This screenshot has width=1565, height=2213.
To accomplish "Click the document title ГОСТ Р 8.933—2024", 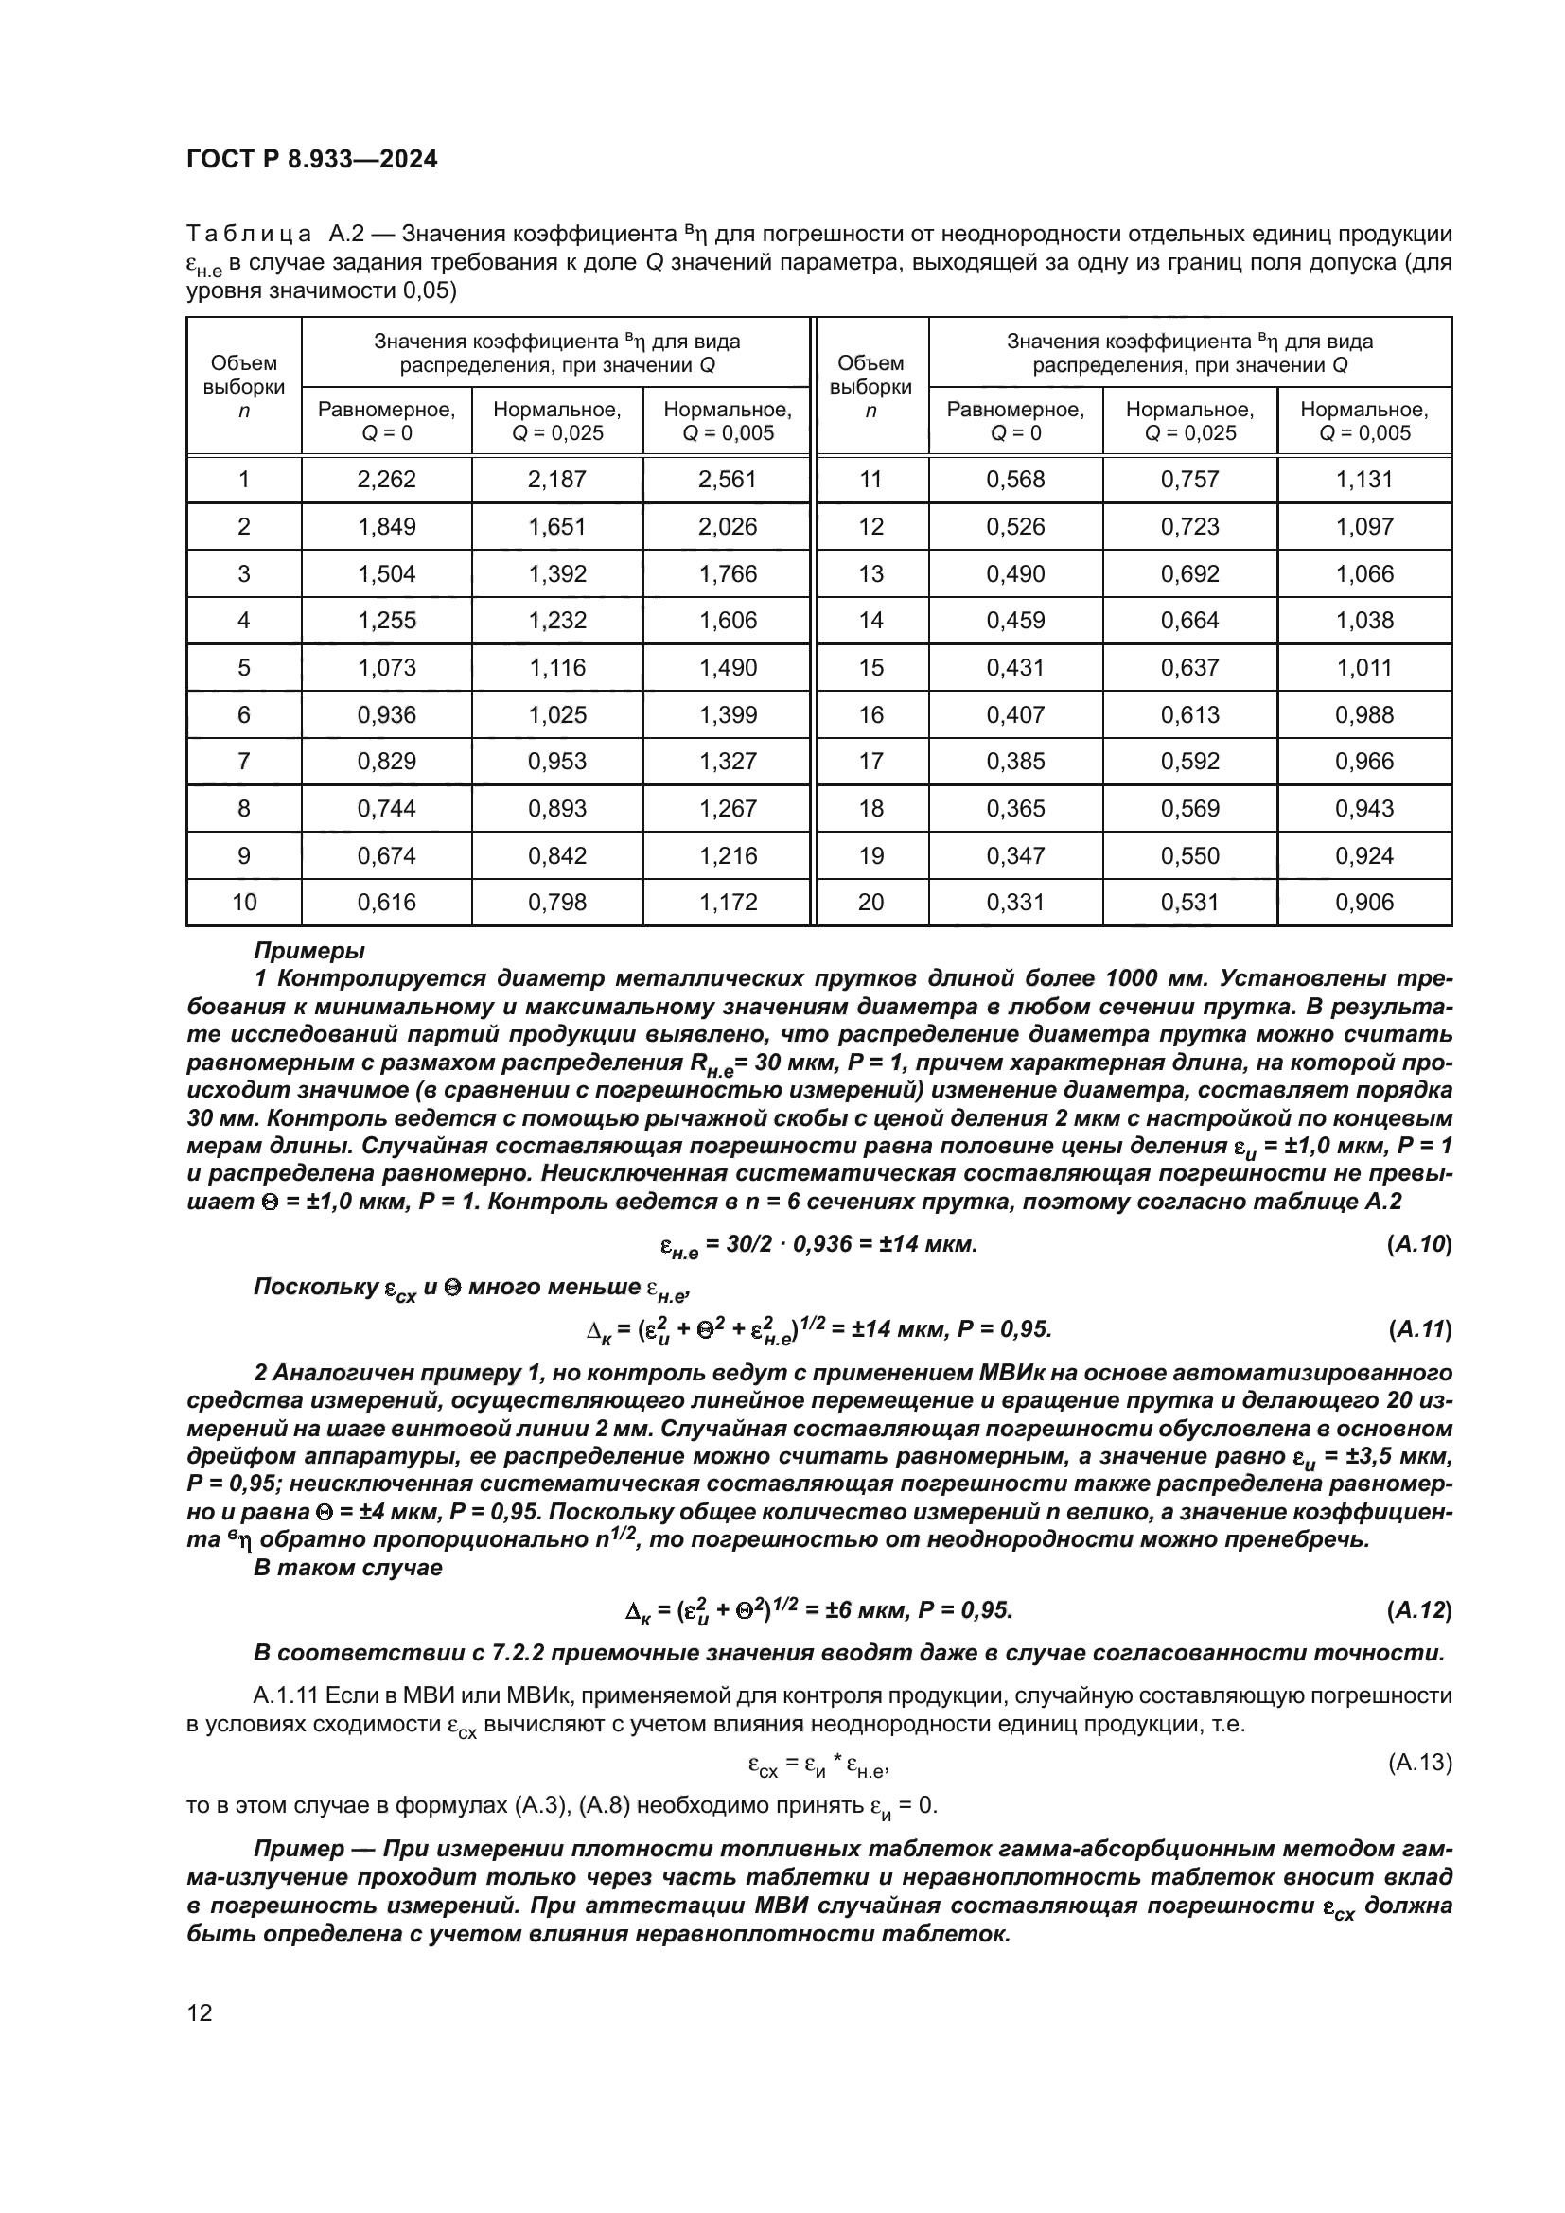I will click(311, 159).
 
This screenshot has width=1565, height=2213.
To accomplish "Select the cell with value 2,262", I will click(386, 479).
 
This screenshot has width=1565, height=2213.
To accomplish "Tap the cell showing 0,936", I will click(386, 714).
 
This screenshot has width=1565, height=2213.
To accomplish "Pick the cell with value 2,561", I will click(728, 479).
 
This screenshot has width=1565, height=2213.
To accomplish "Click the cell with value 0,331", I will click(1015, 903).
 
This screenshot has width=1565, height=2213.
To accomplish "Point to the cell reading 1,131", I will click(1363, 479).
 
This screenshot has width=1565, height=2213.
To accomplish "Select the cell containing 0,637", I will click(1190, 667).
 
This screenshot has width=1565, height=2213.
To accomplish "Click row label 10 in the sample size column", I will click(244, 903).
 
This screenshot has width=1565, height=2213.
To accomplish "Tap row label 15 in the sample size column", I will click(870, 667).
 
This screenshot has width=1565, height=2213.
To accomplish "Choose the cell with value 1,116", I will click(557, 667).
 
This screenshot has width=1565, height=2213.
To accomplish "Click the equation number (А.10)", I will click(1418, 1243).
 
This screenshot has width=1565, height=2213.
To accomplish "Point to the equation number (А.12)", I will click(1418, 1609).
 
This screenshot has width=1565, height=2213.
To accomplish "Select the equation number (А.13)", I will click(1419, 1763).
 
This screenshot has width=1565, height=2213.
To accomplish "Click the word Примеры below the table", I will click(308, 950).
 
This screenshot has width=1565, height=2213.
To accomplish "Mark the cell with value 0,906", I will click(1363, 903).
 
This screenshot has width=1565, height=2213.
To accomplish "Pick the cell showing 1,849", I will click(386, 526).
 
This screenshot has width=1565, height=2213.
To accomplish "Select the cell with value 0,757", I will click(1190, 479).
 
